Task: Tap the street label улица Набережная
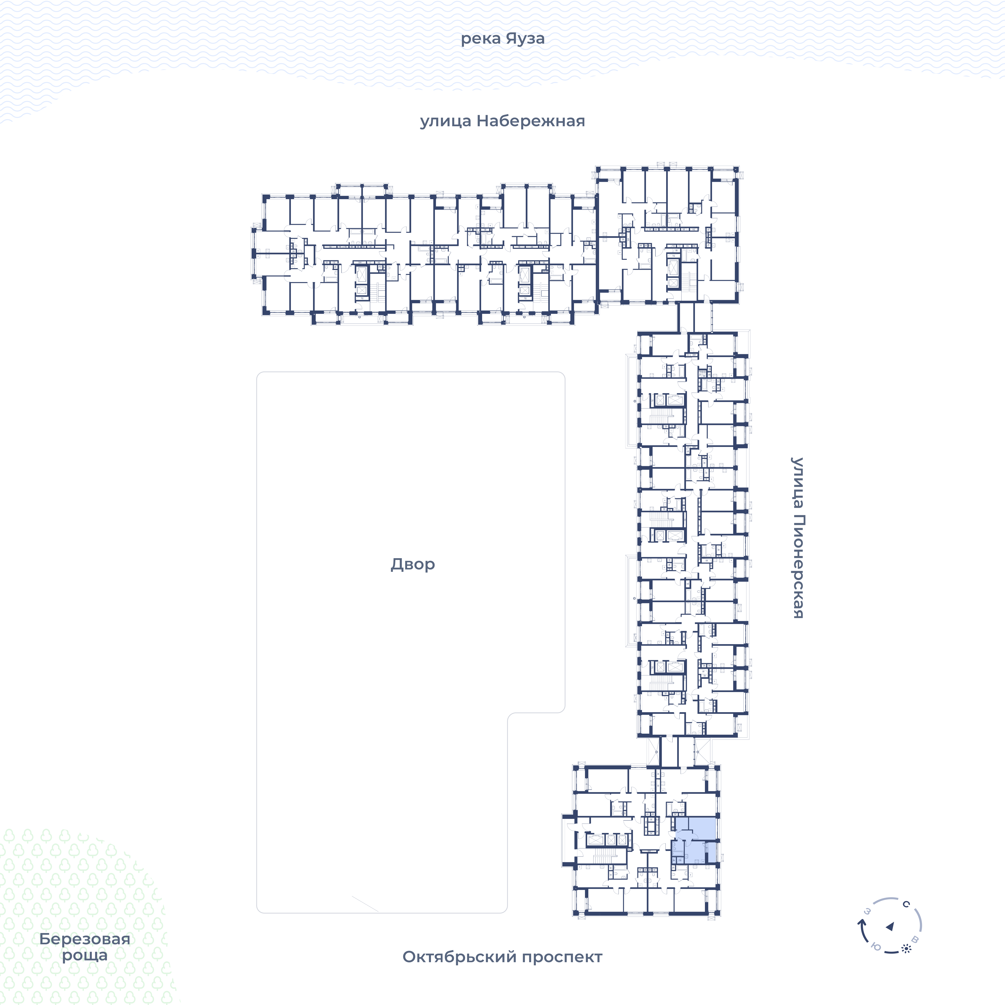tap(503, 121)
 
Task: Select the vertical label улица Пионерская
tap(797, 538)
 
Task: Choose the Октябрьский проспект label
tap(503, 957)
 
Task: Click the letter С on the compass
tap(906, 904)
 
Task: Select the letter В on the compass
tap(916, 939)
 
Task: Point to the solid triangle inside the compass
tap(890, 926)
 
